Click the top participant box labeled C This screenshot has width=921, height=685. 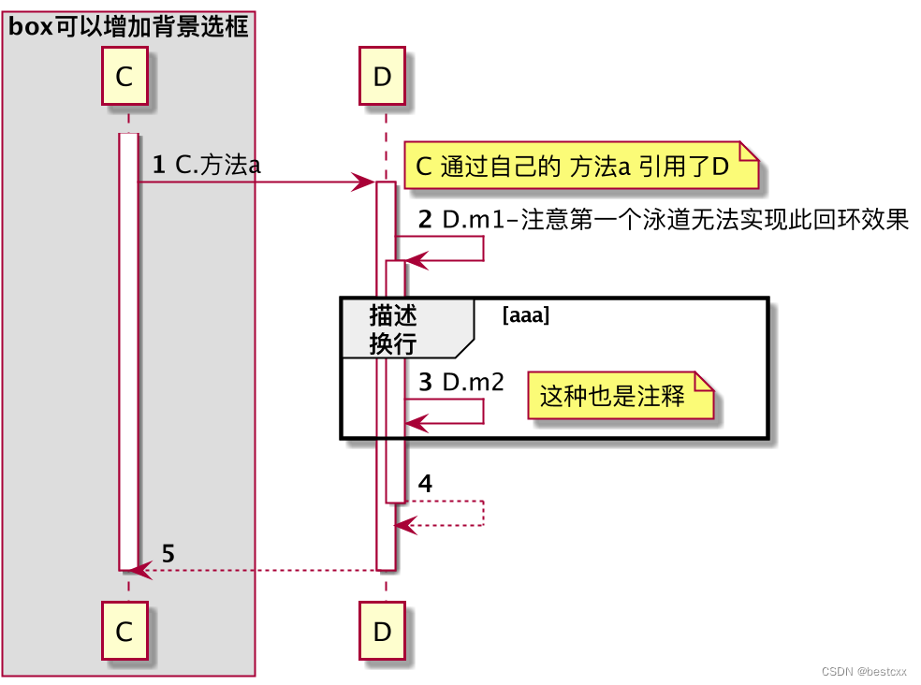pyautogui.click(x=124, y=77)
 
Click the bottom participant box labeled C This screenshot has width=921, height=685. pyautogui.click(x=124, y=632)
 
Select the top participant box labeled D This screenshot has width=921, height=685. pyautogui.click(x=382, y=77)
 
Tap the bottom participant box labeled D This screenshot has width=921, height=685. pyautogui.click(x=382, y=632)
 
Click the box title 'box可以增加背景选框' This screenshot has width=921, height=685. pyautogui.click(x=128, y=27)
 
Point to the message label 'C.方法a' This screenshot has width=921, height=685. pyautogui.click(x=217, y=166)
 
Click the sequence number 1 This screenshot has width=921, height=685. pyautogui.click(x=158, y=166)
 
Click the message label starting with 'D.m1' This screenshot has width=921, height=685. pyautogui.click(x=675, y=221)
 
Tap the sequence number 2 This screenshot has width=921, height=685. pyautogui.click(x=425, y=221)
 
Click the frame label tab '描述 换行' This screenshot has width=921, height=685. pyautogui.click(x=393, y=328)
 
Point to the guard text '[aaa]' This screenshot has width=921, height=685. pyautogui.click(x=525, y=315)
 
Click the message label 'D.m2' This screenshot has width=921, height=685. pyautogui.click(x=473, y=382)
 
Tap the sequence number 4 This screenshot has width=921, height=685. pyautogui.click(x=425, y=484)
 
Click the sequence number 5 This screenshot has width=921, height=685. pyautogui.click(x=168, y=553)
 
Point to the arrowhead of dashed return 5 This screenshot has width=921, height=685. pyautogui.click(x=141, y=569)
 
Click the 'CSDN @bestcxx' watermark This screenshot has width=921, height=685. pyautogui.click(x=866, y=673)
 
